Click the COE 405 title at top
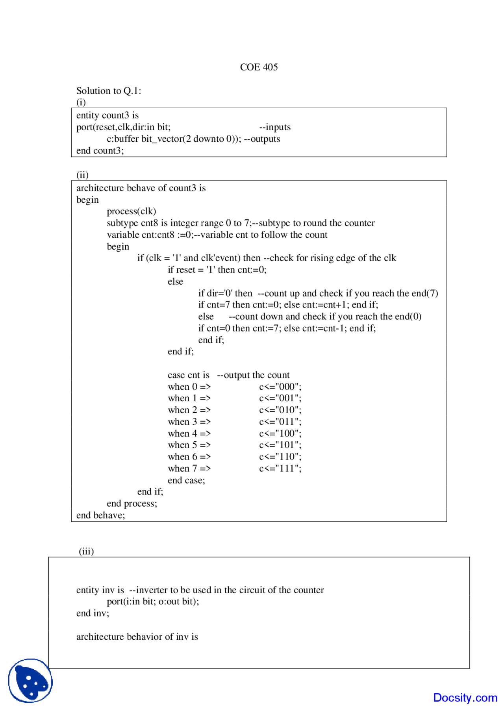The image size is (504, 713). (x=259, y=67)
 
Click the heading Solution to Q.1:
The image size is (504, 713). (x=109, y=91)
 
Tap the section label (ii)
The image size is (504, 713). (x=82, y=175)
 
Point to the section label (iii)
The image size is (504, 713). (x=86, y=551)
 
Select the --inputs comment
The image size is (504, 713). (x=275, y=127)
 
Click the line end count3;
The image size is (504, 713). (x=100, y=151)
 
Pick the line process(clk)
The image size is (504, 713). (x=132, y=211)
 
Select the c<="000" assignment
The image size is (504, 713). (x=280, y=387)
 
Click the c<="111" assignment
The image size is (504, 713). (x=280, y=469)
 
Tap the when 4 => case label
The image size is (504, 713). (x=189, y=433)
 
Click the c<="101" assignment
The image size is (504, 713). (x=280, y=445)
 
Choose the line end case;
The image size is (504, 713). (x=186, y=480)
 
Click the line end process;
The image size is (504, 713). (x=132, y=504)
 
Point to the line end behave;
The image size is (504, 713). (x=101, y=515)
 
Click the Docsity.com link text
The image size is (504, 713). (x=465, y=698)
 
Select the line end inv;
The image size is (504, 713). (x=93, y=613)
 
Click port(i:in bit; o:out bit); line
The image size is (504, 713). (x=153, y=602)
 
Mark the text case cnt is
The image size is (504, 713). (x=189, y=375)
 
